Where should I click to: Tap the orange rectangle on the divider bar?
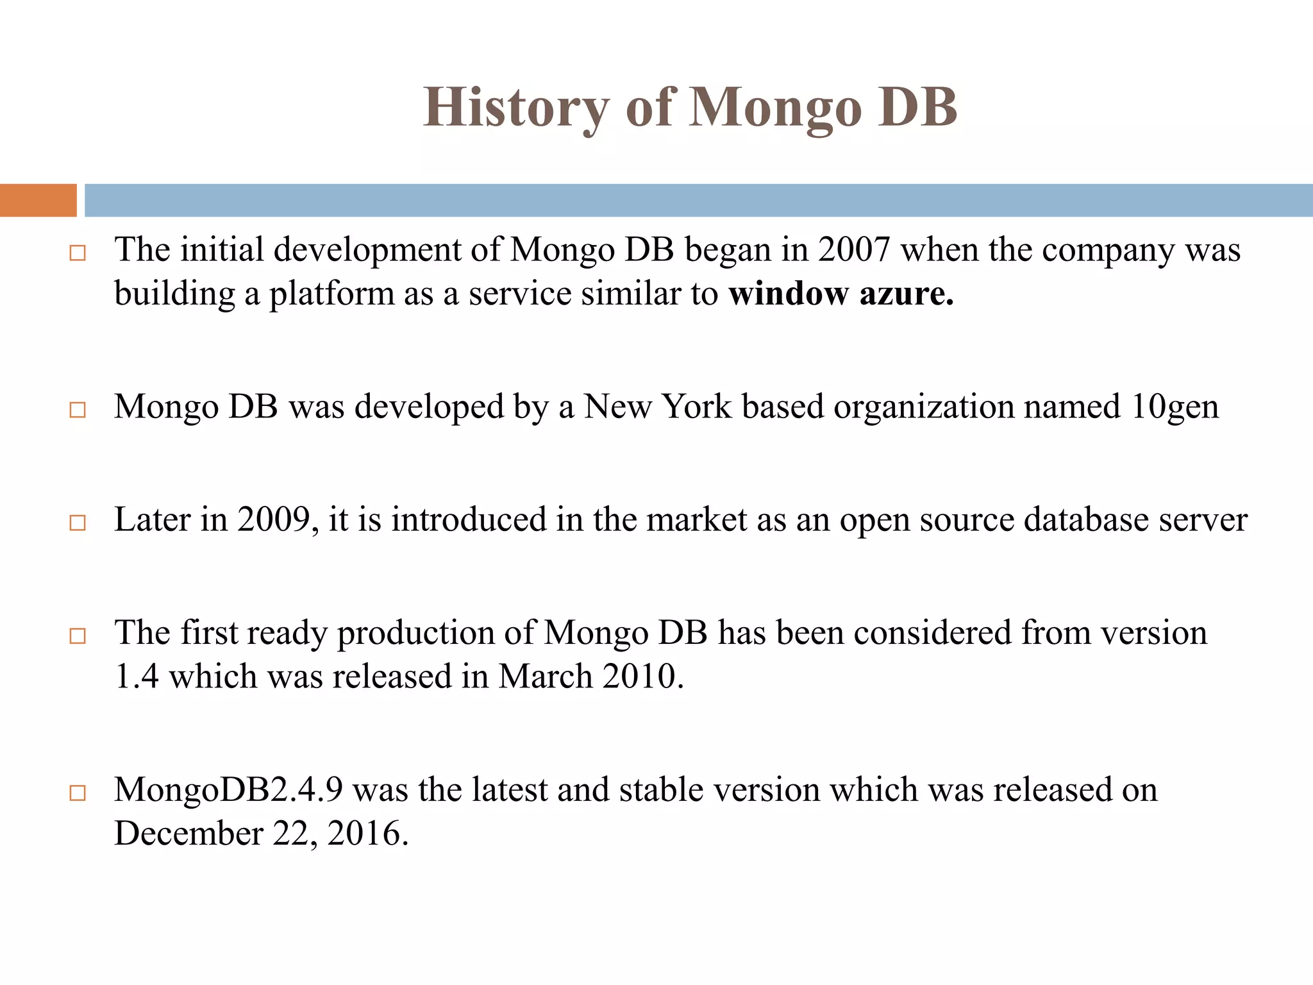38,200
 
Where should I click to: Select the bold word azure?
907,294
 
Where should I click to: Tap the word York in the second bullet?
696,407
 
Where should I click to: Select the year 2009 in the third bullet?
274,519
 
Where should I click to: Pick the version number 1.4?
137,677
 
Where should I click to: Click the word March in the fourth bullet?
546,677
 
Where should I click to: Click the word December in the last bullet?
188,834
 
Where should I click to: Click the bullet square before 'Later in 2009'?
78,523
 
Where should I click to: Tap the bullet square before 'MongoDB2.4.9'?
78,793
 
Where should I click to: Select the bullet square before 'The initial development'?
78,253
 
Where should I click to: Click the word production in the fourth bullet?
415,633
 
